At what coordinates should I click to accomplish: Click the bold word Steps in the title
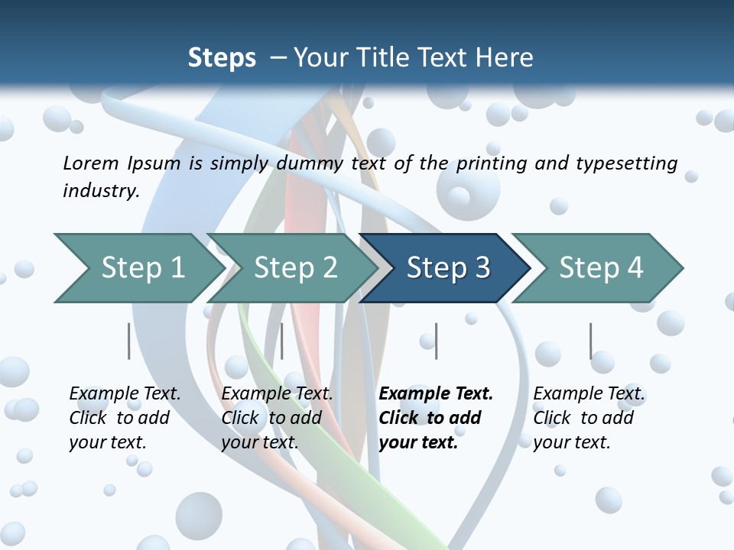[x=222, y=58]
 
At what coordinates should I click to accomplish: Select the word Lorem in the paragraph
[x=90, y=163]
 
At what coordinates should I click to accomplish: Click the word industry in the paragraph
[x=100, y=190]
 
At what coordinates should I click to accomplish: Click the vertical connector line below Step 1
[x=128, y=341]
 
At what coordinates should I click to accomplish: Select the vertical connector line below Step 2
[x=282, y=341]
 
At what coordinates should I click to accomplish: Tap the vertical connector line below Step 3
[x=436, y=341]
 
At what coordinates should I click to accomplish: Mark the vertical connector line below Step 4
[x=590, y=341]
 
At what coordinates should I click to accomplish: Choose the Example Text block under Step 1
[x=125, y=418]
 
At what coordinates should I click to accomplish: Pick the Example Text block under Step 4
[x=589, y=418]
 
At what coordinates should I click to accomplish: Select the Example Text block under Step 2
[x=277, y=418]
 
